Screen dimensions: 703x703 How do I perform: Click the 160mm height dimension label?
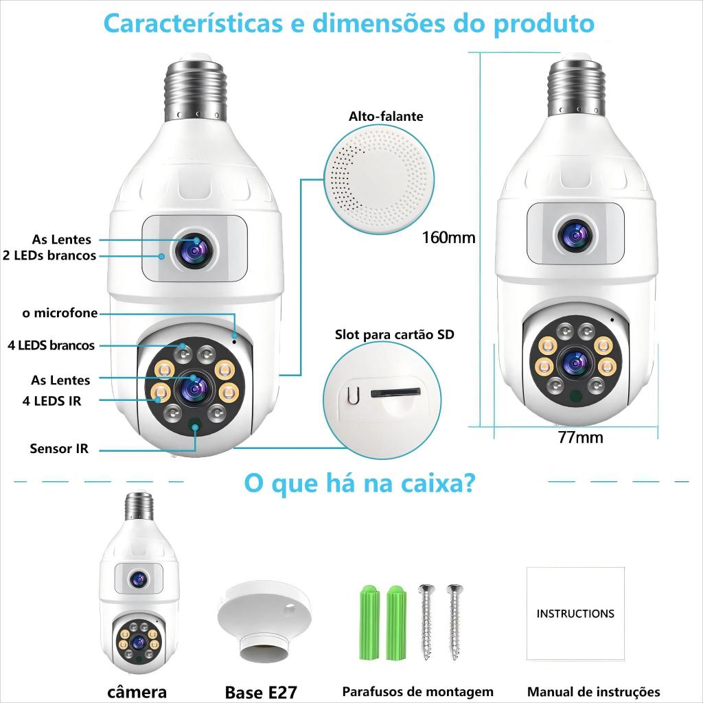pos(449,237)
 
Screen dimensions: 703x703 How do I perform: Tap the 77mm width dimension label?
pos(581,437)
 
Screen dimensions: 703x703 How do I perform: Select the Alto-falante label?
pos(386,117)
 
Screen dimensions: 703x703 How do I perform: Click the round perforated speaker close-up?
pos(379,179)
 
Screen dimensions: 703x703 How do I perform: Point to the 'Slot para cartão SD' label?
pos(395,334)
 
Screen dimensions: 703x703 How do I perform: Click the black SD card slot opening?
pos(396,393)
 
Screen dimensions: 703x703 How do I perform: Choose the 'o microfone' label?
pos(60,313)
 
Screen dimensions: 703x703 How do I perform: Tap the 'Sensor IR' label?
pos(59,448)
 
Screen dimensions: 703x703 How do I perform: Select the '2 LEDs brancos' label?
pos(49,255)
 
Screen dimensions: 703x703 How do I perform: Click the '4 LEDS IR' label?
pos(52,401)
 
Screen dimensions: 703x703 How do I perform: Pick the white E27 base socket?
pos(264,621)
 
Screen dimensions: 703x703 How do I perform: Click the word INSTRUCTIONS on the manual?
pos(575,613)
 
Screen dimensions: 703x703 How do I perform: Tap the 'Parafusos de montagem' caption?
pos(418,692)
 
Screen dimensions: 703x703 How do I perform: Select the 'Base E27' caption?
pos(261,692)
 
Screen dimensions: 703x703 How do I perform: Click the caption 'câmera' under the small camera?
pos(137,692)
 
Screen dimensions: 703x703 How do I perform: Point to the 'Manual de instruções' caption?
pos(594,692)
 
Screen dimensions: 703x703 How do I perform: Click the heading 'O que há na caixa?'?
pos(359,483)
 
